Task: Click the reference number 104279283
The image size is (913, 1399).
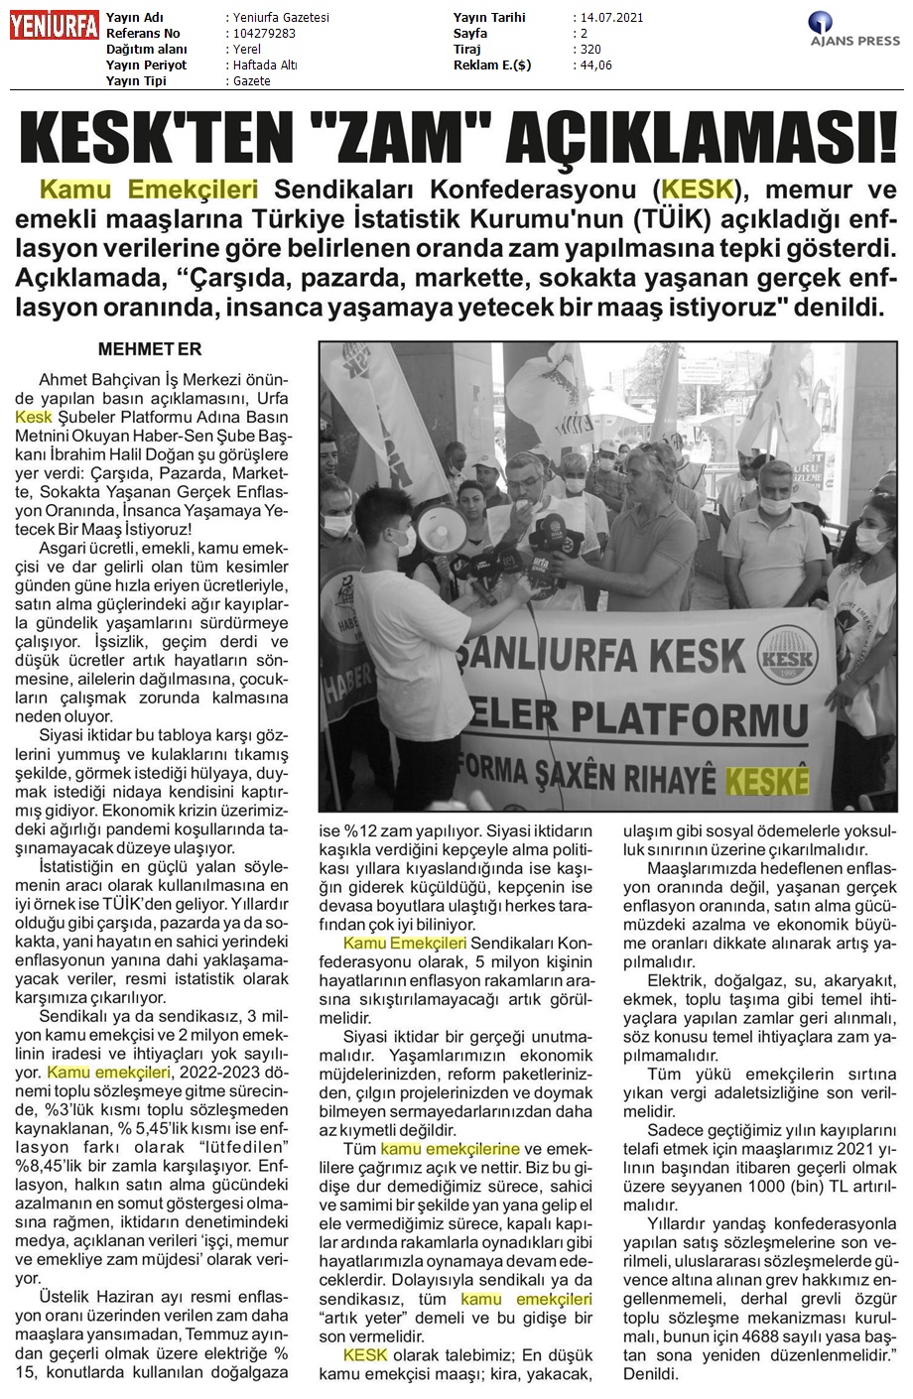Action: click(261, 34)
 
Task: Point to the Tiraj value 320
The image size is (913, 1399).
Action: click(589, 50)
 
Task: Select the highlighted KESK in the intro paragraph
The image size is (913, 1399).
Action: click(699, 189)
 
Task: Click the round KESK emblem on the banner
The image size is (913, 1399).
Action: click(777, 656)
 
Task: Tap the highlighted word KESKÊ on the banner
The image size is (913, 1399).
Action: click(767, 778)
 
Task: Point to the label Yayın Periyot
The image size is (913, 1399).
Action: click(148, 65)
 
